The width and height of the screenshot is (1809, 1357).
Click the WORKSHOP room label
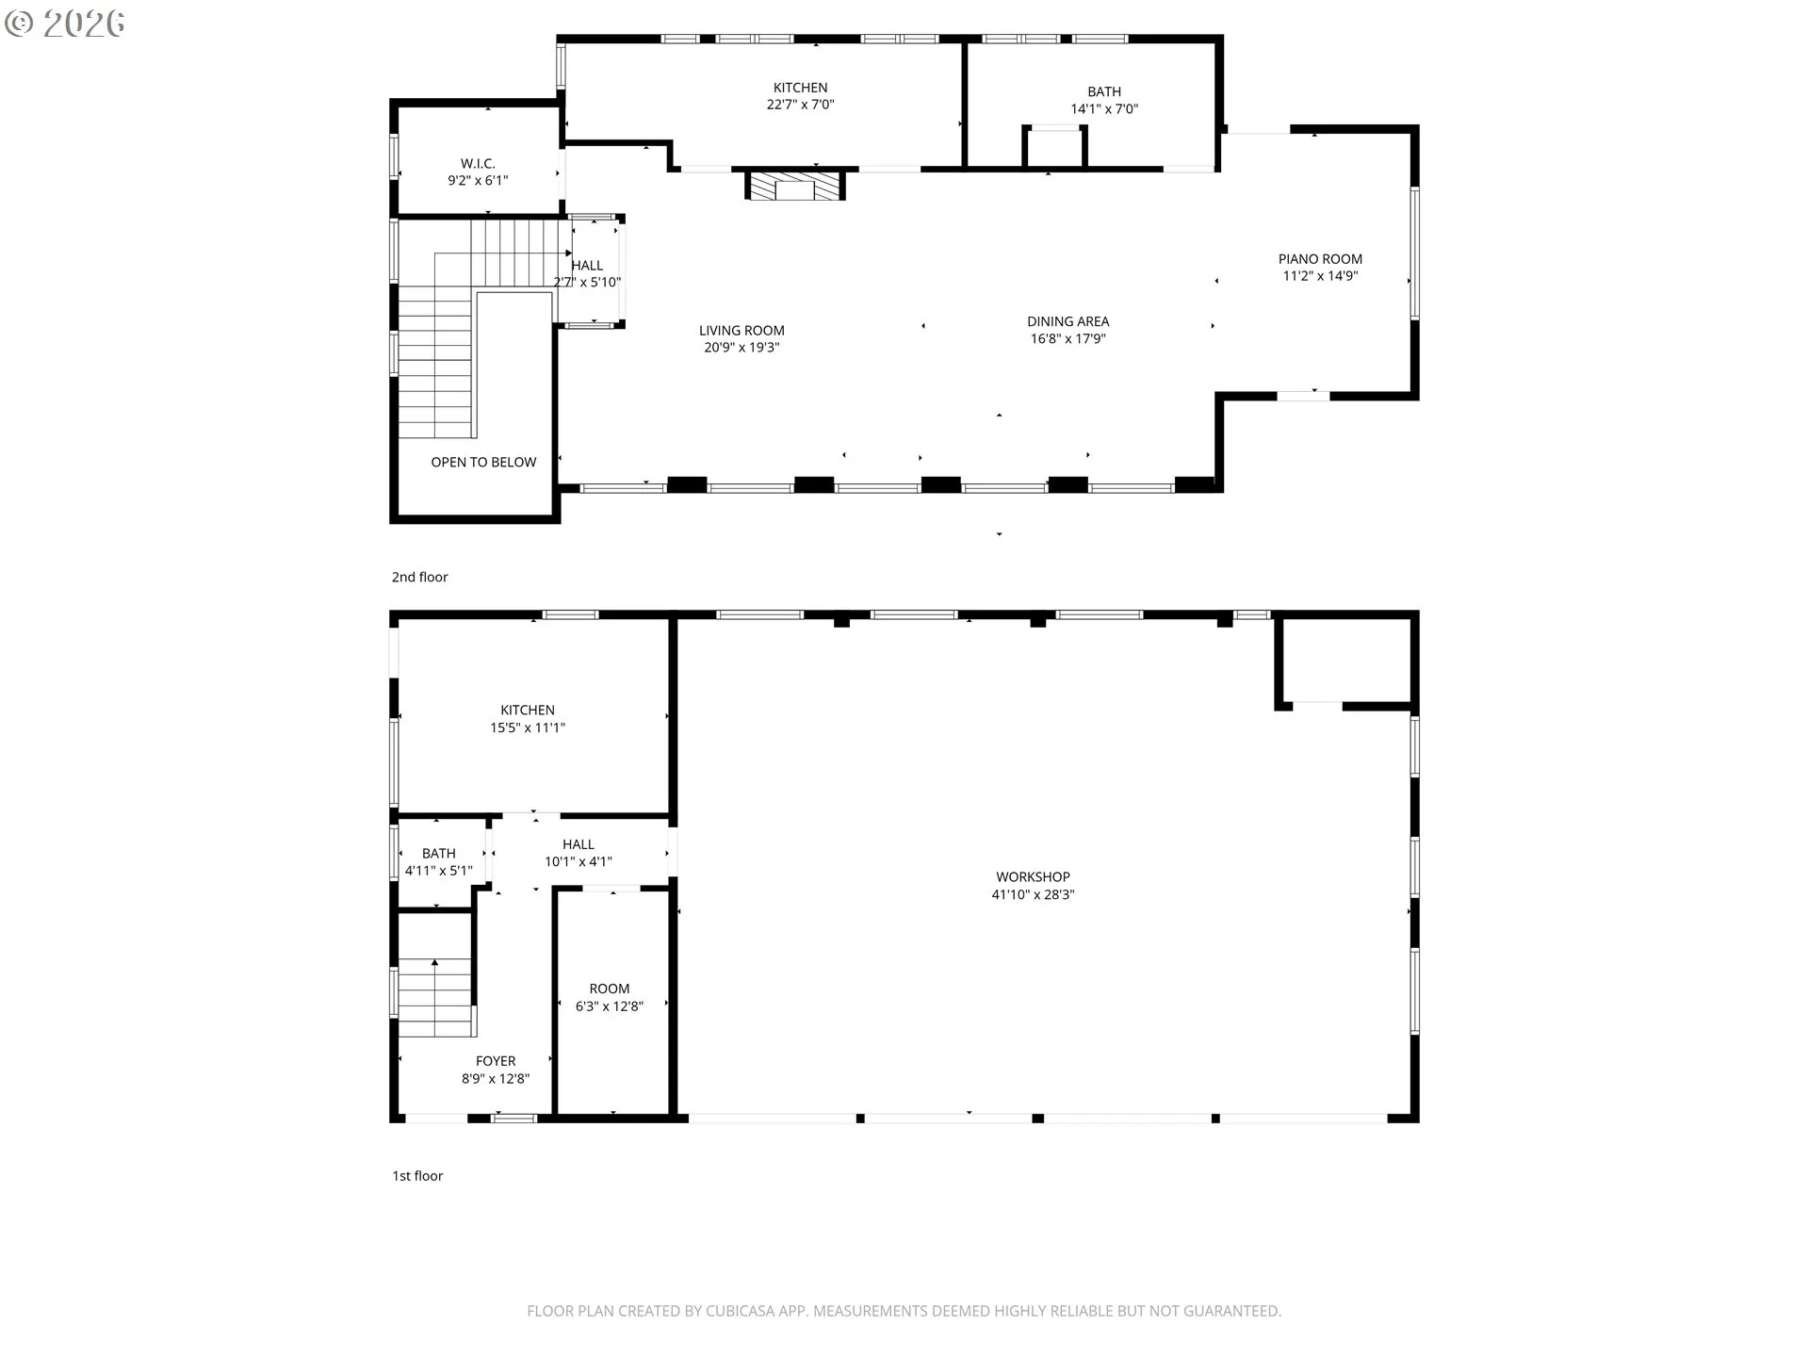click(1033, 877)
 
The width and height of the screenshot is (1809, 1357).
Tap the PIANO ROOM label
click(1320, 259)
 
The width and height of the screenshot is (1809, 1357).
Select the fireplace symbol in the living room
click(795, 186)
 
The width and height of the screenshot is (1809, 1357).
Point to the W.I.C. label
click(478, 164)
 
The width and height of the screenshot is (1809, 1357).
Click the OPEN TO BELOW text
click(483, 462)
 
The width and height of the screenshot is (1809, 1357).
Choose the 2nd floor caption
click(420, 577)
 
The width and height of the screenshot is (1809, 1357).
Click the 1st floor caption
click(417, 1175)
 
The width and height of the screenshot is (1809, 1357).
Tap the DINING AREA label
click(1067, 321)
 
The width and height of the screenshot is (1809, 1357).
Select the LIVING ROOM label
click(742, 331)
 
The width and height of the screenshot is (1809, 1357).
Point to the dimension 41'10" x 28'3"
click(1033, 894)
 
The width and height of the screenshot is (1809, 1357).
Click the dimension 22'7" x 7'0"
click(800, 105)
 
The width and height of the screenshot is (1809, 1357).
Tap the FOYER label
click(496, 1061)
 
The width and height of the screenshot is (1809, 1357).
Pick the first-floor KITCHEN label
click(528, 711)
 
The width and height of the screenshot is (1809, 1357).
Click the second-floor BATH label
click(1104, 91)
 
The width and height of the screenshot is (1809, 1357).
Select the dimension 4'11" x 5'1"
click(439, 871)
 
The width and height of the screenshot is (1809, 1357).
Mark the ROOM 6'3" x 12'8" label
click(610, 997)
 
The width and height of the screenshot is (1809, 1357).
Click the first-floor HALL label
click(579, 844)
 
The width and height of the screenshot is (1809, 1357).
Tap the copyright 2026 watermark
click(64, 24)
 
